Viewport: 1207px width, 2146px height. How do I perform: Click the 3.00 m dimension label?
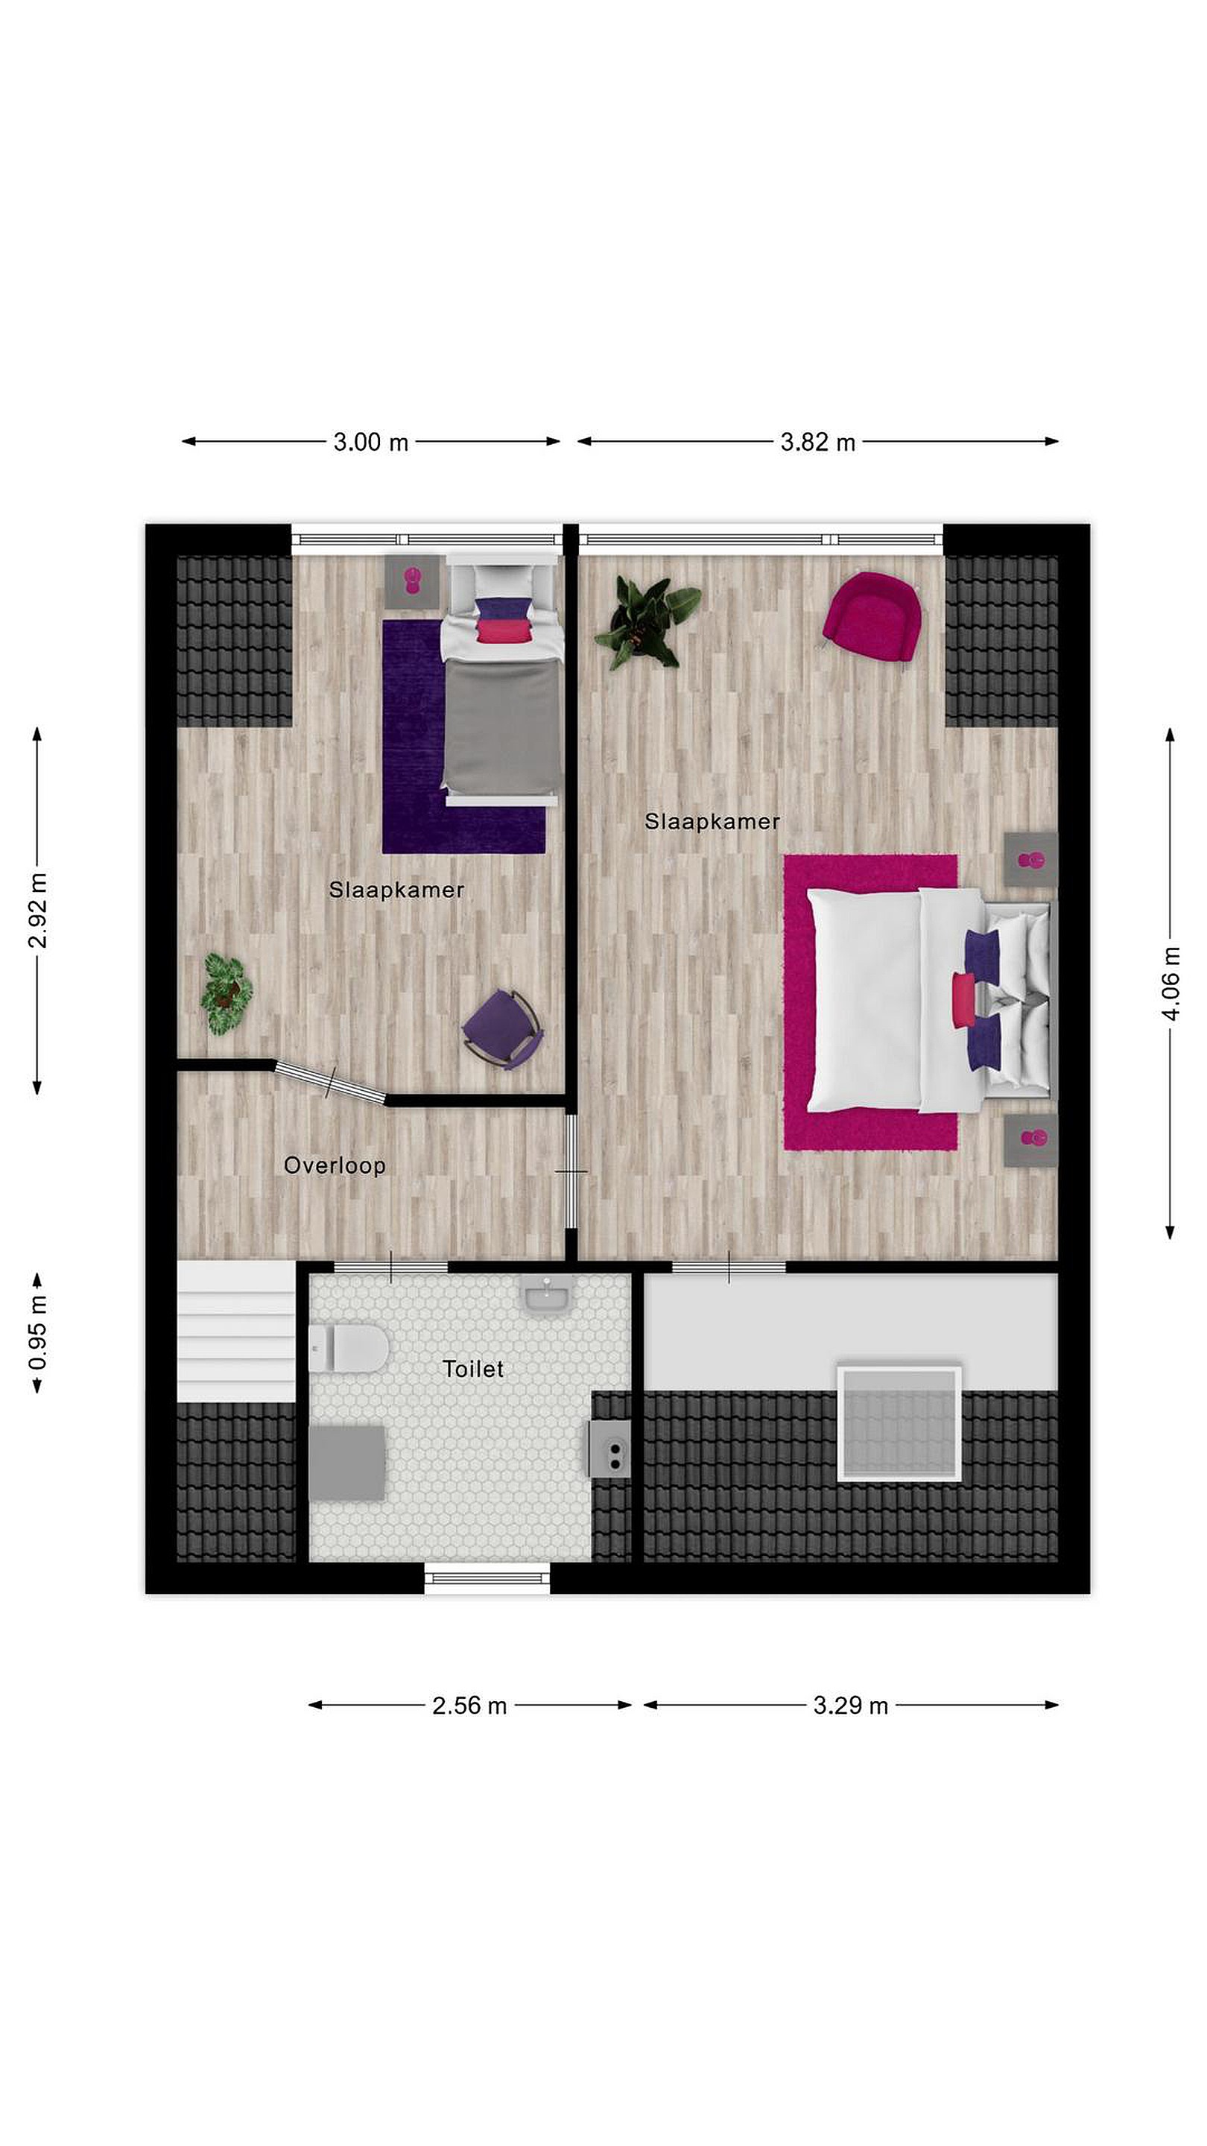coord(371,442)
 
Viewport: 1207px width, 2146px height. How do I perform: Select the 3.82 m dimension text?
coord(817,442)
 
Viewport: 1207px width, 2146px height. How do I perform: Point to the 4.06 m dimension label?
coord(1170,983)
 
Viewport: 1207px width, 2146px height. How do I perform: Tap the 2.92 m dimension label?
coord(38,911)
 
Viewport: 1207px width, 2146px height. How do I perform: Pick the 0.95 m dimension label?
coord(38,1333)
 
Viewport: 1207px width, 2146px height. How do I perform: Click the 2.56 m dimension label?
coord(469,1706)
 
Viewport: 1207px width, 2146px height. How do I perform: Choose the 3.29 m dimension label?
coord(850,1706)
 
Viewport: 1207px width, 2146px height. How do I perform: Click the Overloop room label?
coord(334,1165)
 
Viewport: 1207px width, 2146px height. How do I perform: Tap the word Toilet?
coord(473,1369)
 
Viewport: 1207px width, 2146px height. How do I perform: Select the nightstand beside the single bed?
coord(412,581)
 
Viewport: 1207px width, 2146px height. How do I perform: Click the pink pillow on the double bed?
coord(964,1000)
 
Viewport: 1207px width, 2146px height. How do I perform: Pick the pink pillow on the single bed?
coord(503,630)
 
